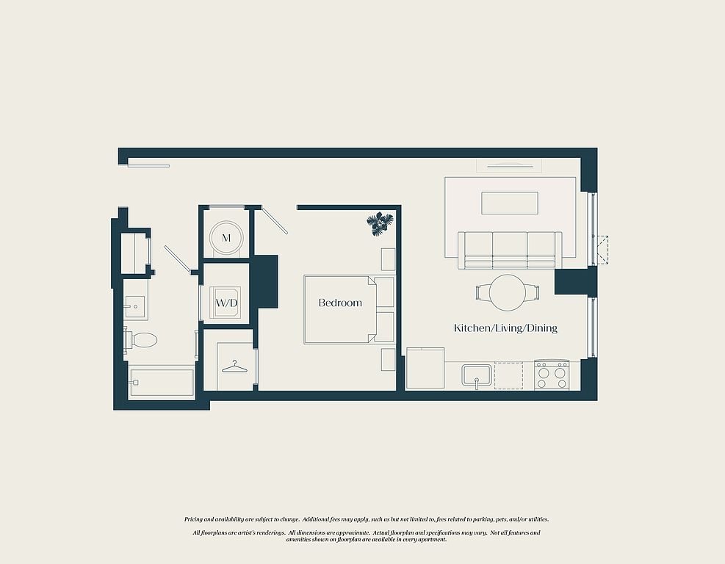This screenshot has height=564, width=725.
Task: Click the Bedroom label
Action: coord(340,303)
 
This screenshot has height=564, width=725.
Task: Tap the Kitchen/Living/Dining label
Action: coord(505,328)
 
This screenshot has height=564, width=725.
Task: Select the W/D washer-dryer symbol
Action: coord(226,303)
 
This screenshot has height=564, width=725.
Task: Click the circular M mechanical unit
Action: coord(226,238)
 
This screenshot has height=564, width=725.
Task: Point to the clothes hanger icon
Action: coord(234,366)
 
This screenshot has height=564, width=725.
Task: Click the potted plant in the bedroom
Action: coord(380,224)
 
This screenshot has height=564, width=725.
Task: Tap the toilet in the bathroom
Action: coord(140,340)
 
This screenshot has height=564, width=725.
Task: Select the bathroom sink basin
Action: coord(135,306)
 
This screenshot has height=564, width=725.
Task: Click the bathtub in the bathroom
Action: coord(162,382)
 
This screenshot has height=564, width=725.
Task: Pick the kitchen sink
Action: coord(476,376)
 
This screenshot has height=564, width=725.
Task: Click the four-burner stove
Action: coord(552,375)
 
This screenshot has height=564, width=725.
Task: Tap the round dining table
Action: coord(508,292)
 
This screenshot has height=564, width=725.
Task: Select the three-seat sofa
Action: coord(510,250)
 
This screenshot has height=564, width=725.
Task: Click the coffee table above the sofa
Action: coord(510,203)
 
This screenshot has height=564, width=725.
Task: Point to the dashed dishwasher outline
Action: coord(508,375)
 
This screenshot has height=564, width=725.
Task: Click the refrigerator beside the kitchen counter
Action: coord(425,368)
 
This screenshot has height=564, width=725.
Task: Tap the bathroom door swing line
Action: coord(178,259)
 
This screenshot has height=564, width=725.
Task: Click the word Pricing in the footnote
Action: coord(194,520)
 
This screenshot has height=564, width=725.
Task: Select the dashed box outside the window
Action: coord(602,250)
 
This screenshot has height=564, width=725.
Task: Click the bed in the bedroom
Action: coord(349,310)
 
